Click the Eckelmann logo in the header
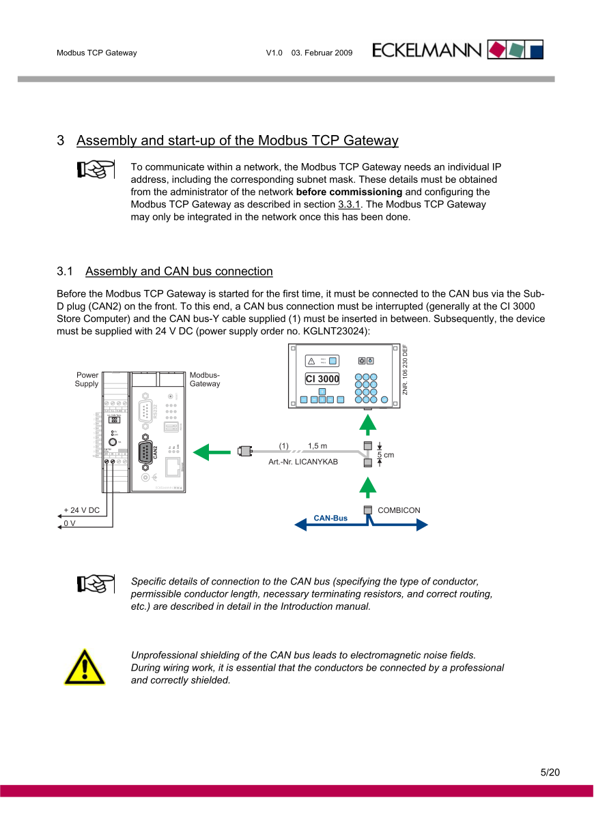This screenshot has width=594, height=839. (x=457, y=50)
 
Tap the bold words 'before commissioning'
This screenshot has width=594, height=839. (x=349, y=192)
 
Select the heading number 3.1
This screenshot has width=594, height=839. (x=65, y=271)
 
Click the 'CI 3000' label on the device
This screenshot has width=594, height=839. (x=322, y=379)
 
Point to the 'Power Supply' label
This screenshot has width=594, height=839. (x=87, y=380)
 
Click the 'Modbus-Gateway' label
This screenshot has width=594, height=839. (x=205, y=380)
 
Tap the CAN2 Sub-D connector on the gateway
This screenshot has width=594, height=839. (x=145, y=452)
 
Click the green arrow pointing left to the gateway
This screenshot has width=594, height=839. (x=210, y=452)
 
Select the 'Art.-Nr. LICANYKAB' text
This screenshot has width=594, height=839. (x=303, y=462)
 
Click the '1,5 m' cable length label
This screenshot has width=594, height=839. (x=317, y=446)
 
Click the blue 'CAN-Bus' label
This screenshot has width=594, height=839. (x=330, y=518)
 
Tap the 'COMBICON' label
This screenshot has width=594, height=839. (x=399, y=510)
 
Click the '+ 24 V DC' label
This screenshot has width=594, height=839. (x=81, y=510)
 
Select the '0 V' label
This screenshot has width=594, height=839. (x=69, y=523)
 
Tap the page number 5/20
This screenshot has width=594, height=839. (x=550, y=773)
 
